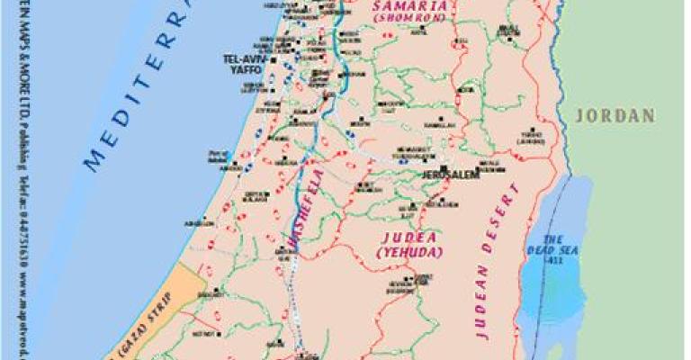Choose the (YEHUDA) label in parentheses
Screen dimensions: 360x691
pyautogui.click(x=408, y=254)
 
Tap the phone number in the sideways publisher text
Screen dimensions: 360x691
pyautogui.click(x=21, y=216)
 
